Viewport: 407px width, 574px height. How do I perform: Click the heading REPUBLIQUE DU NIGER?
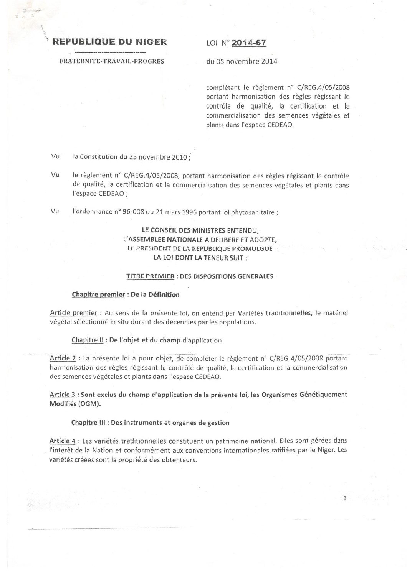point(109,42)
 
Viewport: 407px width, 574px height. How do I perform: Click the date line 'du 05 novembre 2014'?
point(242,61)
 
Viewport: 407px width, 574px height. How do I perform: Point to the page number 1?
point(345,498)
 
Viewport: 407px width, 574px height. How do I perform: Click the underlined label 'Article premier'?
point(73,313)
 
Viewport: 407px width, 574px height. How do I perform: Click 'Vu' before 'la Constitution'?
point(55,157)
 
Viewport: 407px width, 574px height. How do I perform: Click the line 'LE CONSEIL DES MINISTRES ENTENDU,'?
point(197,230)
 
